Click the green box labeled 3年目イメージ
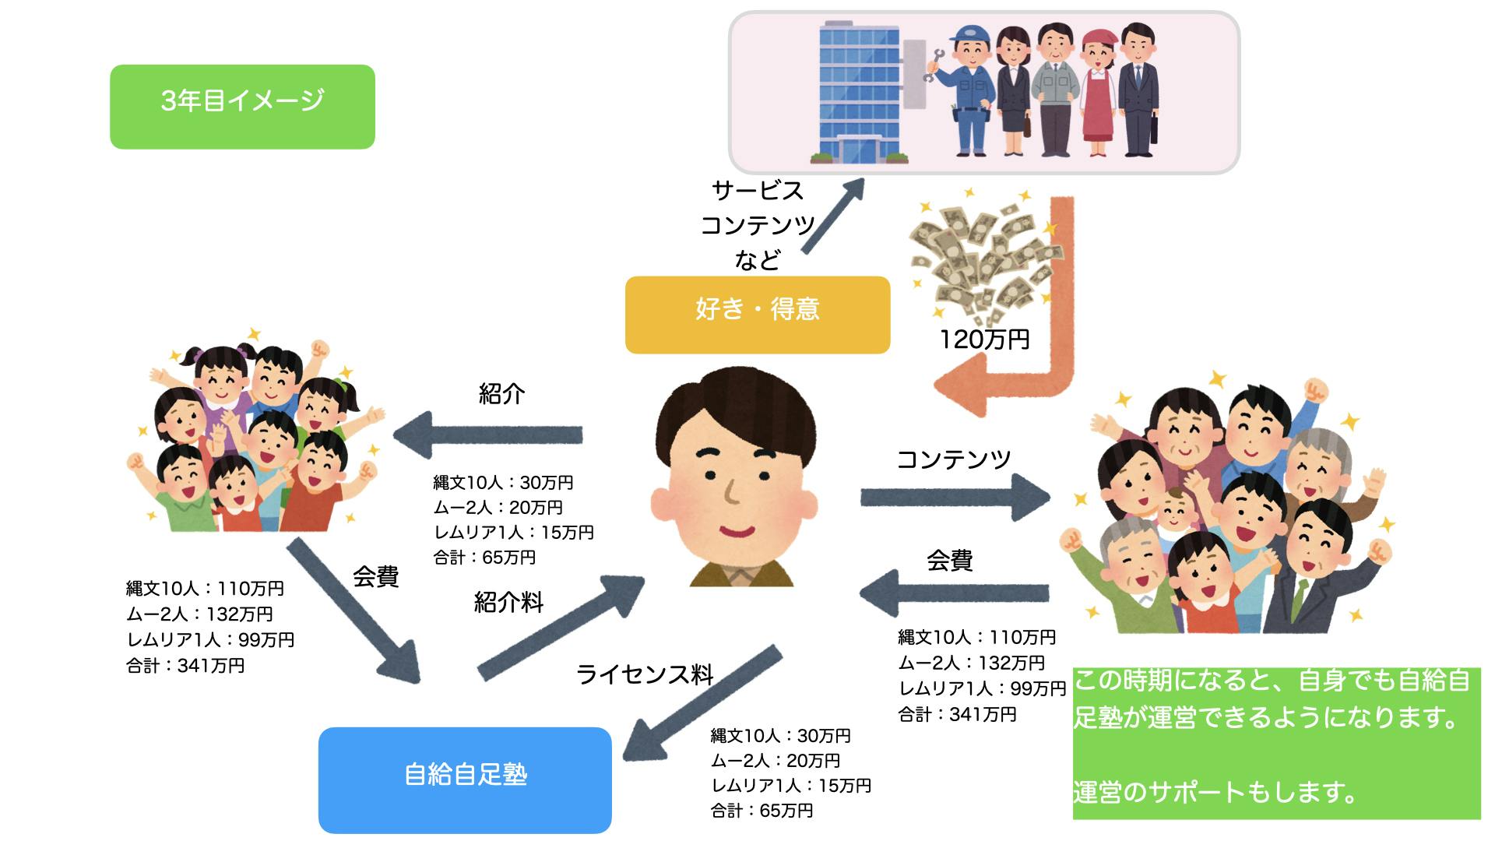point(242,107)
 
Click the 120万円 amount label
point(984,340)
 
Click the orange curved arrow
point(1036,350)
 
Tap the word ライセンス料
point(645,674)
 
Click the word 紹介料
point(508,602)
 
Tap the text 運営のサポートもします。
point(1215,792)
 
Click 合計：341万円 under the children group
point(185,666)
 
